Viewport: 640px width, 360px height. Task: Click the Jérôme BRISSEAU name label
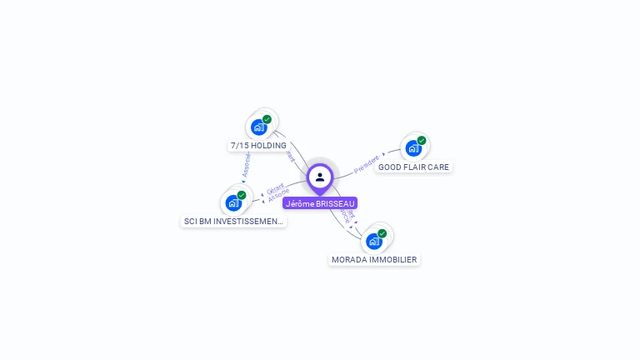pyautogui.click(x=320, y=203)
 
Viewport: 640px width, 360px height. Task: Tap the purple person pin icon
pyautogui.click(x=320, y=177)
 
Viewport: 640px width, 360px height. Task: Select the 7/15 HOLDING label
pyautogui.click(x=258, y=145)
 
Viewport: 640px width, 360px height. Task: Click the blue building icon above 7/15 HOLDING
pyautogui.click(x=258, y=127)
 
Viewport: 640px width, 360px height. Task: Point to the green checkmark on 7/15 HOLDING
pyautogui.click(x=267, y=119)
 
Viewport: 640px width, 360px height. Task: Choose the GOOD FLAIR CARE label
pyautogui.click(x=413, y=167)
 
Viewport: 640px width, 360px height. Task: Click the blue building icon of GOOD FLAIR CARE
pyautogui.click(x=412, y=149)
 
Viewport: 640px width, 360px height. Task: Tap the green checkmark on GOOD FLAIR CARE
pyautogui.click(x=422, y=141)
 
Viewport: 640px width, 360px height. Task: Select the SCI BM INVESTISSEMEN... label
pyautogui.click(x=234, y=221)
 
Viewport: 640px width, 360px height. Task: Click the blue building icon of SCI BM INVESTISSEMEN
pyautogui.click(x=233, y=203)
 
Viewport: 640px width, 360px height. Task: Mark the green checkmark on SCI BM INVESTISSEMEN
pyautogui.click(x=242, y=195)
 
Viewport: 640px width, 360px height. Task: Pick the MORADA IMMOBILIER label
pyautogui.click(x=374, y=259)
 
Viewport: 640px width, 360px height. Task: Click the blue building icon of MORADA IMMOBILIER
pyautogui.click(x=373, y=242)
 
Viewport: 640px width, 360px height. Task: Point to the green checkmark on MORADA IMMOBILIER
pyautogui.click(x=382, y=233)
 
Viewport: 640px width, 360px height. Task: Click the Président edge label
pyautogui.click(x=367, y=164)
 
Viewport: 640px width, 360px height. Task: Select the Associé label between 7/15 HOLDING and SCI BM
pyautogui.click(x=246, y=164)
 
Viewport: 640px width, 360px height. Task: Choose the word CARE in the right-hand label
pyautogui.click(x=438, y=167)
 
